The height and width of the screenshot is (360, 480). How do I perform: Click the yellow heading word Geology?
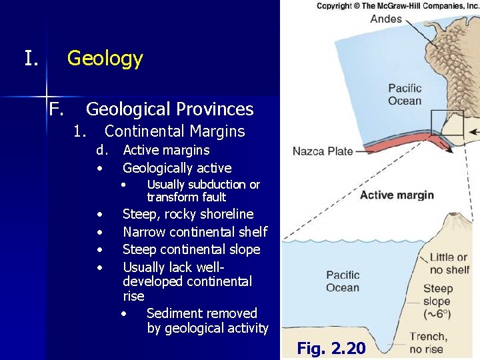pos(105,59)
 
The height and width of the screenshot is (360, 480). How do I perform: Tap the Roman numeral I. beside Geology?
pos(31,59)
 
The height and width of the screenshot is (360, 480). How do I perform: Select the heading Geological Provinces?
pos(169,109)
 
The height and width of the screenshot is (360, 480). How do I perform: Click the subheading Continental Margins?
pos(175,131)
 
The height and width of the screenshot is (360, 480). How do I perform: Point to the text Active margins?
pos(166,150)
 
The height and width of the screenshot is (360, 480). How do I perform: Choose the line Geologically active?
pos(177,168)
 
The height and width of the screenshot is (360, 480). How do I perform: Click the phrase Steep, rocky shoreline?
pos(188,214)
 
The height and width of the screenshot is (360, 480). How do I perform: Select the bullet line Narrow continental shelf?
pos(195,232)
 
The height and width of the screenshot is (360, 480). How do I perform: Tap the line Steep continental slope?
pos(191,249)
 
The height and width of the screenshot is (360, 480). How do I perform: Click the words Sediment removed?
pos(201,313)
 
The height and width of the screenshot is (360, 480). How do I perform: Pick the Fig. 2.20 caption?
pos(331,348)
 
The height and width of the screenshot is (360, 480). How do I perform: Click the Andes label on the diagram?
pos(387,19)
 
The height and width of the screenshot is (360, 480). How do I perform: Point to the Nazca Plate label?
pos(323,151)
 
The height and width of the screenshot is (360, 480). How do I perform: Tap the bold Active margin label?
pos(397,195)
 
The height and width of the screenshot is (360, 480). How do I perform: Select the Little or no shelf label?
pos(448,263)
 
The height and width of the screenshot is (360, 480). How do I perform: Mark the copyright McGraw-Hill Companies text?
pos(397,5)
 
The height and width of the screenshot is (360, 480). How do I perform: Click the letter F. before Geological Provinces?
pos(56,109)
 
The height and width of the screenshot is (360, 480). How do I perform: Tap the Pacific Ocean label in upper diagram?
pos(405,95)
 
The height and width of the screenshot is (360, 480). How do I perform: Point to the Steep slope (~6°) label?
pos(437,301)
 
